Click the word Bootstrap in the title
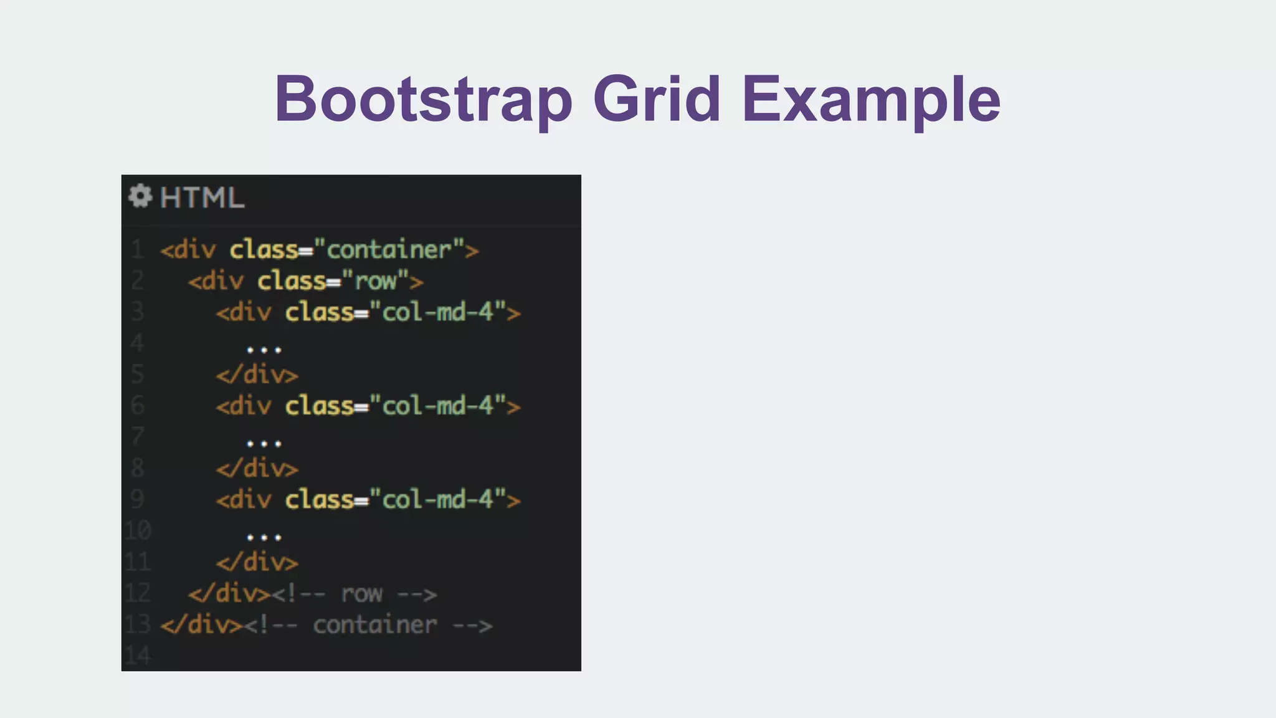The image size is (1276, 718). [423, 100]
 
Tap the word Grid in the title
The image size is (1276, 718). [657, 100]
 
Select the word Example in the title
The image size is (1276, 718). [871, 100]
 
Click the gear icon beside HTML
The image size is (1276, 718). [140, 196]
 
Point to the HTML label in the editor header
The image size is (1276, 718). [202, 198]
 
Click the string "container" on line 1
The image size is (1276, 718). [389, 250]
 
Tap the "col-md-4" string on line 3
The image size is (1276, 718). [437, 312]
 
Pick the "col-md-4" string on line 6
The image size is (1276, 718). [437, 406]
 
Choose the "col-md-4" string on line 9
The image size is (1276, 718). [437, 500]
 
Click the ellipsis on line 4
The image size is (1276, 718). [264, 350]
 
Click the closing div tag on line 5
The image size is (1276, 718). [257, 375]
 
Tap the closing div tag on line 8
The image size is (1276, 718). [257, 469]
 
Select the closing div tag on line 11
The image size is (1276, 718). [257, 563]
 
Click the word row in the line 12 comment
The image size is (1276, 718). [361, 594]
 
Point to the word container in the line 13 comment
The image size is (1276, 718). [374, 625]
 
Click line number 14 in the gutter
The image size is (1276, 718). [138, 656]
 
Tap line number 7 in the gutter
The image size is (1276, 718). [138, 436]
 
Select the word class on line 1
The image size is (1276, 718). [264, 250]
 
